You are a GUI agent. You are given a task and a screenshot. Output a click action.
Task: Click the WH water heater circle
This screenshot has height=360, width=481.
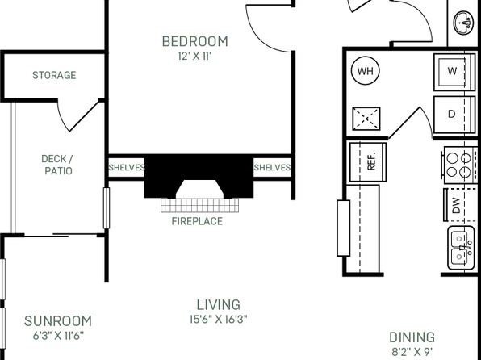pos(365,70)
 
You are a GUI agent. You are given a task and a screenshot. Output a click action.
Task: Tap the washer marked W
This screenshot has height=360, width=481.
pos(454,72)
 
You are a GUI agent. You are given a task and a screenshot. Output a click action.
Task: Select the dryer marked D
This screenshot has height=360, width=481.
pos(454,115)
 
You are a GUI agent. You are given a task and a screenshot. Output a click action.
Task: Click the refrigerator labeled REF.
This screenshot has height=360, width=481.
pos(368,161)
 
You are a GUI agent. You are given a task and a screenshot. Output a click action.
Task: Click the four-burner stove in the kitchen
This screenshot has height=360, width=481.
pos(459,165)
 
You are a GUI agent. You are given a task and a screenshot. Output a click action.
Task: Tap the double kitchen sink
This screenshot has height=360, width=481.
pos(461,248)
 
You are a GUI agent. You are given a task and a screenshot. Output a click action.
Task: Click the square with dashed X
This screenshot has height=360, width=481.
pos(366,119)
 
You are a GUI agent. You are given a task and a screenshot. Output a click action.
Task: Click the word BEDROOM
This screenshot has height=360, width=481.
pos(195,41)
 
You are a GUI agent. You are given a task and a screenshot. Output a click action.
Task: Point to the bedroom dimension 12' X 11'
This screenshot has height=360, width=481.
pos(194,57)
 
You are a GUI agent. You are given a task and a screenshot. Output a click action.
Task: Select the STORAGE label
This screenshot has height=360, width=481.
pos(54,75)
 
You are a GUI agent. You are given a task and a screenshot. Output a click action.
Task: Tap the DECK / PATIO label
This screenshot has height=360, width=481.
pos(57,165)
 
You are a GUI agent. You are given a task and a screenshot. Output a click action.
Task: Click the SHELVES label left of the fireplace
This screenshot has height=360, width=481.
pos(127,168)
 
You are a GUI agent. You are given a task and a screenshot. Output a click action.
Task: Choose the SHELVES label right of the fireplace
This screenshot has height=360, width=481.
pos(272,168)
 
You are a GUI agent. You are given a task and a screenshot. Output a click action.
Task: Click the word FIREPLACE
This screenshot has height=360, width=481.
pos(197,221)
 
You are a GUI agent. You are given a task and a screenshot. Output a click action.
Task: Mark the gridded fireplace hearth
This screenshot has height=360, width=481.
pos(199,205)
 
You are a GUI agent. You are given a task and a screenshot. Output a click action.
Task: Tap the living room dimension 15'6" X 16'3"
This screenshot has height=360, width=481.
pos(218,320)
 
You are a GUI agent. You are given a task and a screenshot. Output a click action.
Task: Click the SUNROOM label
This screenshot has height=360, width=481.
pos(58,321)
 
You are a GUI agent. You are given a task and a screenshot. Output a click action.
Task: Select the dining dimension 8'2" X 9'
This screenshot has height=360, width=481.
pos(412,352)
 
